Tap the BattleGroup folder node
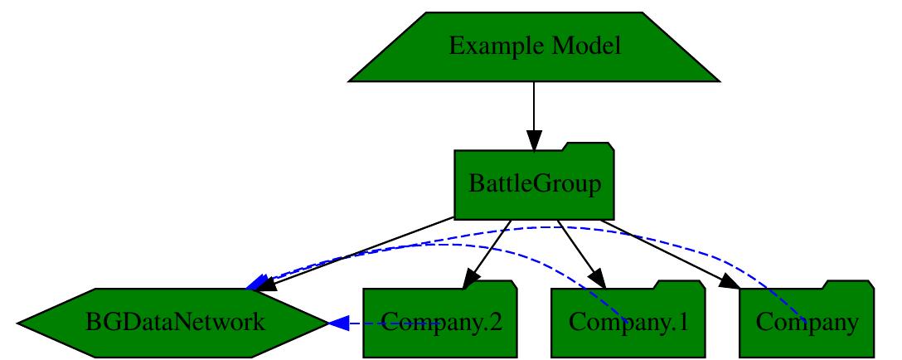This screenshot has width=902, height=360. click(x=534, y=183)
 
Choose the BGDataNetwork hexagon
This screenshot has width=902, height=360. click(x=173, y=323)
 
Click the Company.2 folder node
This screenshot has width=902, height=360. click(x=439, y=323)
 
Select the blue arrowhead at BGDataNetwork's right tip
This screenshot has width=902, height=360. click(x=338, y=323)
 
